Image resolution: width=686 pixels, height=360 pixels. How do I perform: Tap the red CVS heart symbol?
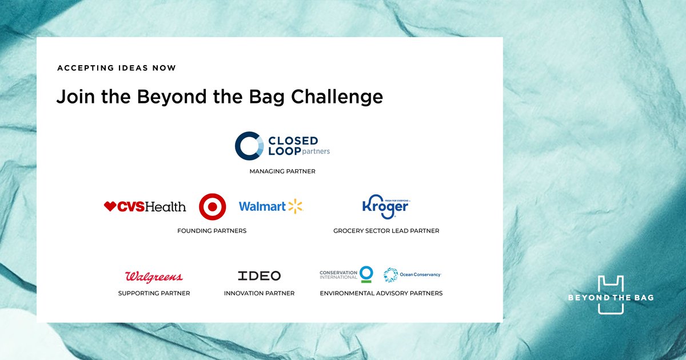[110, 206]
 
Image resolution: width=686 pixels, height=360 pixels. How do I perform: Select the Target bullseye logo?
[213, 207]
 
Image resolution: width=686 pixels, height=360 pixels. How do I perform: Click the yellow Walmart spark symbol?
[295, 206]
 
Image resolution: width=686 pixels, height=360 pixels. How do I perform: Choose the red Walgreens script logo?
[154, 277]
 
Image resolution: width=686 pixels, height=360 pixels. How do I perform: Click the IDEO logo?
[259, 275]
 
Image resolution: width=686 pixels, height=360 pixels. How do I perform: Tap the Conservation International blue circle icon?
[366, 274]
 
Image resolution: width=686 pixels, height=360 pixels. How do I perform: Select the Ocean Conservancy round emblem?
[390, 275]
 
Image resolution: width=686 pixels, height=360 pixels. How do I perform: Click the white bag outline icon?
[611, 294]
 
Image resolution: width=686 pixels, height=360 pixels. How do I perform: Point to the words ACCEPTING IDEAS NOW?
[117, 68]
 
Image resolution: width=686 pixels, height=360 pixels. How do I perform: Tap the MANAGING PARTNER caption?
[282, 171]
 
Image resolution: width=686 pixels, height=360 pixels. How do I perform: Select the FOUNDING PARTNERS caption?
[212, 231]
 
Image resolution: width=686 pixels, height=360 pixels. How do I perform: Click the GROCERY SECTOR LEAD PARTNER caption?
[386, 231]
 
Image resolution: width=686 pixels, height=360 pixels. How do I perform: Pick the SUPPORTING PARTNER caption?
[154, 293]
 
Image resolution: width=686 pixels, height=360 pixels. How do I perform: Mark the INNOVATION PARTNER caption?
[259, 293]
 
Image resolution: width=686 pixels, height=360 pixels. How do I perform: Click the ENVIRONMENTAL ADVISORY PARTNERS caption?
[381, 293]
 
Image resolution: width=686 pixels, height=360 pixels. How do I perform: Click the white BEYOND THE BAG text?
[611, 298]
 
